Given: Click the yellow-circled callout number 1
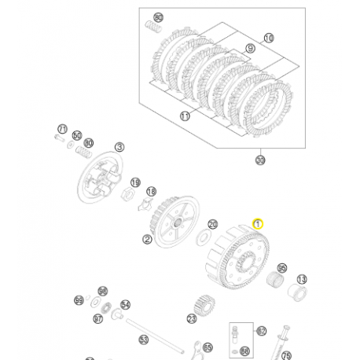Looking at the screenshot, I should pyautogui.click(x=255, y=224).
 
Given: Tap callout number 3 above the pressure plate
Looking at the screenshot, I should pyautogui.click(x=120, y=146).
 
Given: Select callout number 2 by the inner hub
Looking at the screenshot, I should pyautogui.click(x=147, y=239).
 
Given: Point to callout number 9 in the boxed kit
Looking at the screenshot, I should pyautogui.click(x=251, y=47).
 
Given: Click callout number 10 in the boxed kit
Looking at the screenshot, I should pyautogui.click(x=269, y=38).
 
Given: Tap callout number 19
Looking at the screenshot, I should pyautogui.click(x=136, y=182).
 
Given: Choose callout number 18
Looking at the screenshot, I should pyautogui.click(x=152, y=191).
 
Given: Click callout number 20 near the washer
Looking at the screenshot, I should pyautogui.click(x=212, y=224).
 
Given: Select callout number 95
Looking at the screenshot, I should pyautogui.click(x=282, y=267).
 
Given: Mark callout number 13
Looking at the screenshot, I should pyautogui.click(x=302, y=279).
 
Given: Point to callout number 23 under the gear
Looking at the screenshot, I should pyautogui.click(x=191, y=318).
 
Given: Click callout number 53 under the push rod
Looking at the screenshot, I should pyautogui.click(x=144, y=340).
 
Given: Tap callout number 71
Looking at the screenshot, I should pyautogui.click(x=62, y=128).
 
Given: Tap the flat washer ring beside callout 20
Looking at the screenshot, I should pyautogui.click(x=202, y=237).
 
